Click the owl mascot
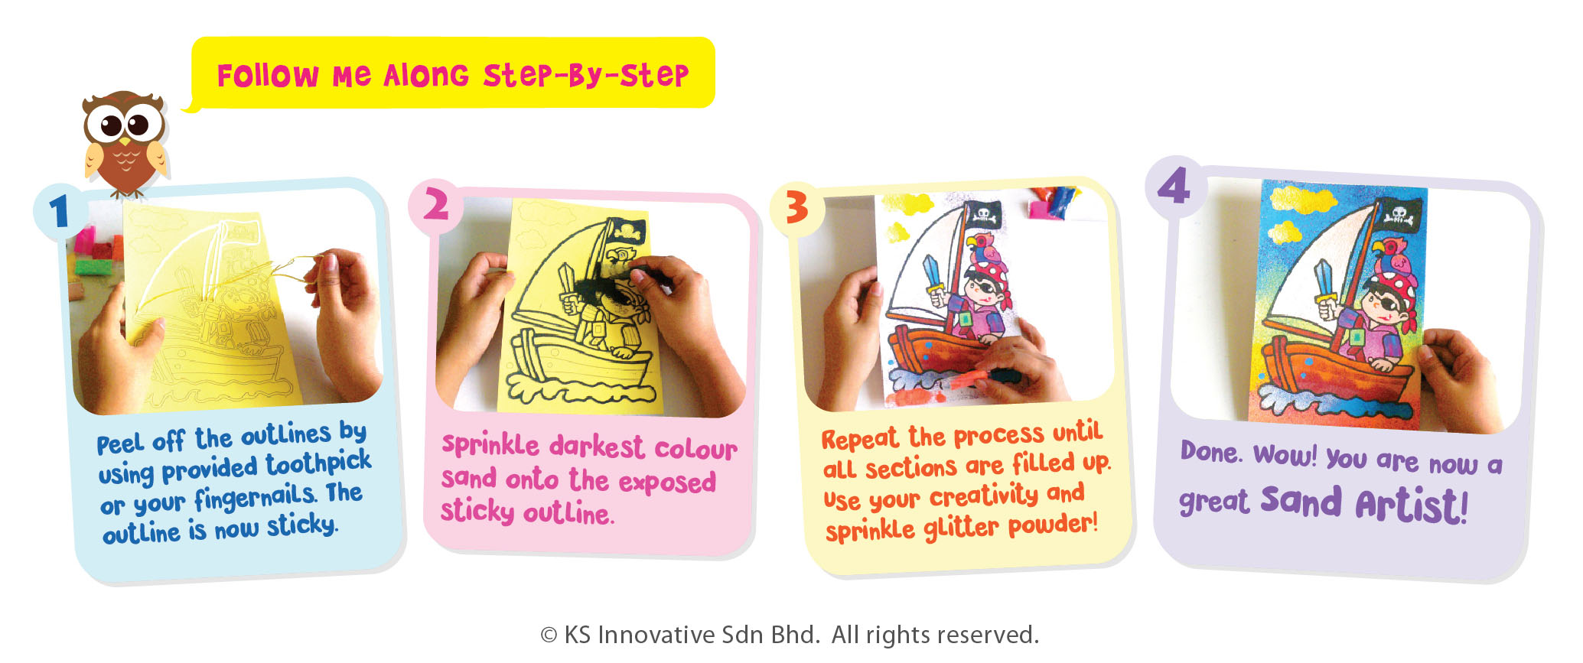point(125,143)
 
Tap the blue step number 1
point(59,212)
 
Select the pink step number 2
point(435,205)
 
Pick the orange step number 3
point(796,207)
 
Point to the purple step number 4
point(1174,186)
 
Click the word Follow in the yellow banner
point(268,76)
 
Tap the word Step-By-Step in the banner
point(585,75)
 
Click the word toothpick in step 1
point(318,463)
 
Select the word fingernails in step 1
point(255,499)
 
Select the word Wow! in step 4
point(1285,455)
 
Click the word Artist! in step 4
point(1411,505)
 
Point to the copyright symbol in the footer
point(549,635)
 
